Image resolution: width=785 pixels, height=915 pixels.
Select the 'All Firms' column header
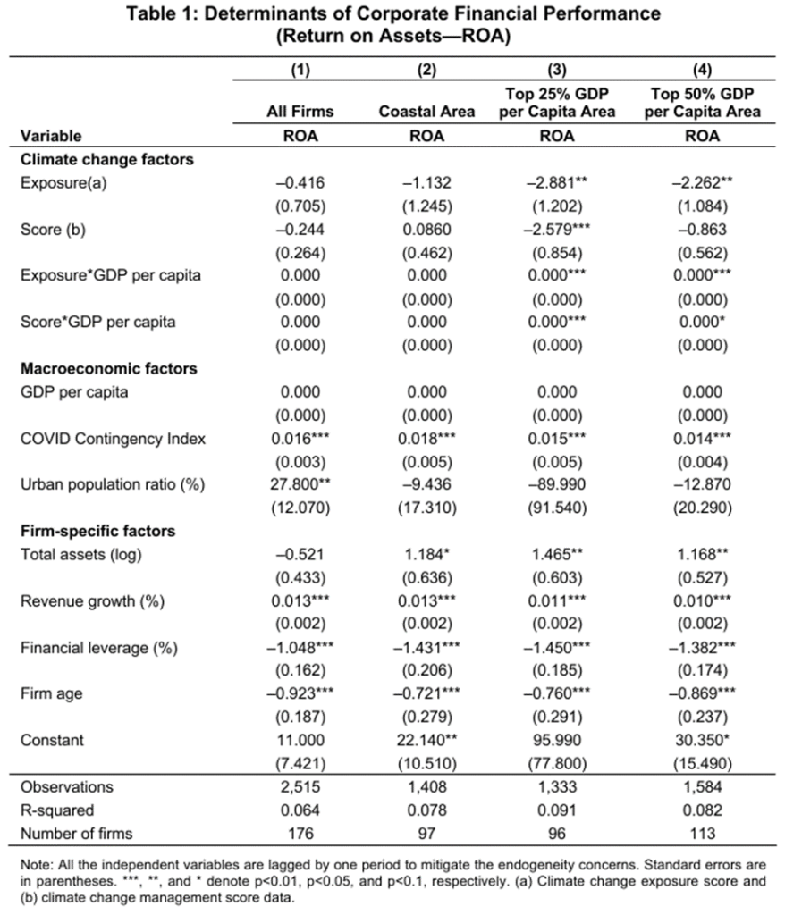300,113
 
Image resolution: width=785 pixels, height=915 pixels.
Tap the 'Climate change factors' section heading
107,159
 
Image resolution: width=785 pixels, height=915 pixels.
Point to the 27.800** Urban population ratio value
300,484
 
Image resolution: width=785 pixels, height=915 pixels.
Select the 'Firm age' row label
51,693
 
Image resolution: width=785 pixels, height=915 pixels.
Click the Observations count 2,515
300,787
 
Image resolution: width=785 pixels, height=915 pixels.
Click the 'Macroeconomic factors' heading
109,368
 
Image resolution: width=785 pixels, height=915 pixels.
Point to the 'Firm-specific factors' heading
97,531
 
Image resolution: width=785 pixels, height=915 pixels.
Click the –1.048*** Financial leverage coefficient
300,647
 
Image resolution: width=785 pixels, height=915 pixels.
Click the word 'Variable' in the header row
51,136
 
